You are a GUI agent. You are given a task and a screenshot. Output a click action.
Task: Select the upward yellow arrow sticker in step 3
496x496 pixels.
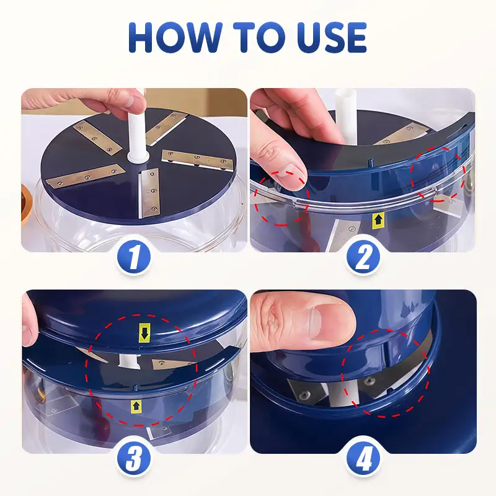(135, 406)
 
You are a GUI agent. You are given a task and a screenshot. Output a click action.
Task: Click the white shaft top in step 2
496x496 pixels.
(343, 102)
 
